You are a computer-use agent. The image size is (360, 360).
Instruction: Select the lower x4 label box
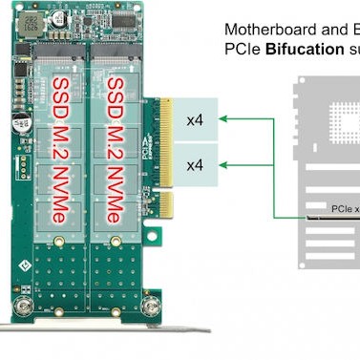195,164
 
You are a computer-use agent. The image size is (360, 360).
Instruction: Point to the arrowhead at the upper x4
223,118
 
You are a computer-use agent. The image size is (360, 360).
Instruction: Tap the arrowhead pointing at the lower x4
223,164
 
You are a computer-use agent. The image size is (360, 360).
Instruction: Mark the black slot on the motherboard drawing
334,218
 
